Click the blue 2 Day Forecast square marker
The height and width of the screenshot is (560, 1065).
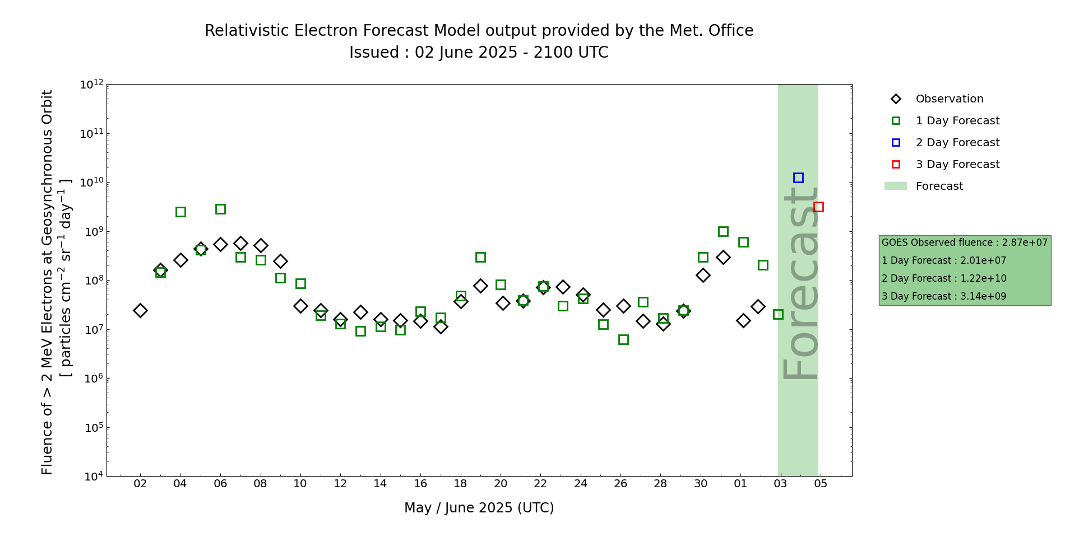pyautogui.click(x=798, y=178)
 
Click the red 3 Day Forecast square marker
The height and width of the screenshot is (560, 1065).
pyautogui.click(x=818, y=207)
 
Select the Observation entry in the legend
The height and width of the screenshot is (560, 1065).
pyautogui.click(x=949, y=99)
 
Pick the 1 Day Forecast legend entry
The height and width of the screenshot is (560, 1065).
pyautogui.click(x=957, y=121)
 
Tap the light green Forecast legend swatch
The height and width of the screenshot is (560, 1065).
pyautogui.click(x=895, y=186)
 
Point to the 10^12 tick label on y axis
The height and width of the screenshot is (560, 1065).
pyautogui.click(x=91, y=85)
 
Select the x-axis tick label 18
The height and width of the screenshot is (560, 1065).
pyautogui.click(x=460, y=483)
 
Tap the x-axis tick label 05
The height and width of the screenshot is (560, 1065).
pyautogui.click(x=821, y=483)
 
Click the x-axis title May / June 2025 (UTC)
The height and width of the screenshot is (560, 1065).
pyautogui.click(x=479, y=508)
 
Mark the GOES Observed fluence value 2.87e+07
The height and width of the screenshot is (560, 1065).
pyautogui.click(x=1025, y=242)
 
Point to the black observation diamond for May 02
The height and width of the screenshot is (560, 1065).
pyautogui.click(x=140, y=310)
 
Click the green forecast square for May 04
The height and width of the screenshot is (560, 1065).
pyautogui.click(x=180, y=212)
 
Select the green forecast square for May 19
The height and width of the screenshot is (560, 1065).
pyautogui.click(x=480, y=257)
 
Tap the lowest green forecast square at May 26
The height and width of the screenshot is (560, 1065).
pyautogui.click(x=623, y=339)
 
